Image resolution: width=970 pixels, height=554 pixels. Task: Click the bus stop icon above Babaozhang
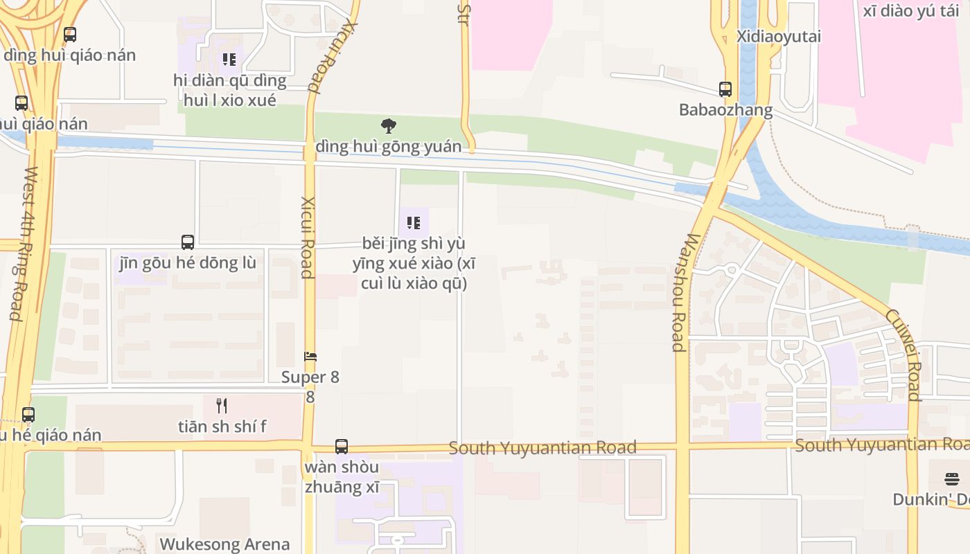(x=725, y=89)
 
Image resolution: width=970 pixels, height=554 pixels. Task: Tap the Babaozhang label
(x=725, y=109)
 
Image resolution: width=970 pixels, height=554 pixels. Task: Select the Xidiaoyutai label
(x=779, y=36)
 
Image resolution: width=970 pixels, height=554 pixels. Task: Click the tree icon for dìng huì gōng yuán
(x=389, y=126)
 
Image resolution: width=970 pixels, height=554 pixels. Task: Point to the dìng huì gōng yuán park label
(x=388, y=147)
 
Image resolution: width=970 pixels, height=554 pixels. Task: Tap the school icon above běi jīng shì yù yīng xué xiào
(x=414, y=223)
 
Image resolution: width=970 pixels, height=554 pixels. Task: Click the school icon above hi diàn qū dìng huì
(x=229, y=60)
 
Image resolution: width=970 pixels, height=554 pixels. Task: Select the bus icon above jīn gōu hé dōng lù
(x=188, y=242)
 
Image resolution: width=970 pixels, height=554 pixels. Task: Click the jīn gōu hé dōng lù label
(x=188, y=263)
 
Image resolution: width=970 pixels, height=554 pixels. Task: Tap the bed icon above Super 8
(x=310, y=357)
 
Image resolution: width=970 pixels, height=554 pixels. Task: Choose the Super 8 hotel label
(x=310, y=378)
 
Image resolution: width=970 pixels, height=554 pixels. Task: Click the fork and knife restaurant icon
(x=222, y=405)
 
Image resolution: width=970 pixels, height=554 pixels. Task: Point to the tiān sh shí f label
(x=222, y=427)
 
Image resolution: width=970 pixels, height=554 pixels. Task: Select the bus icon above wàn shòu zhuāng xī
(x=342, y=447)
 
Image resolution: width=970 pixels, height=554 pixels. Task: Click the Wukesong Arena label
(x=224, y=544)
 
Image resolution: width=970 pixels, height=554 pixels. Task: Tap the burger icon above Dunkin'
(x=952, y=479)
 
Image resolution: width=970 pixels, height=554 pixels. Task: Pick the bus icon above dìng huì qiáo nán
(x=70, y=35)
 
